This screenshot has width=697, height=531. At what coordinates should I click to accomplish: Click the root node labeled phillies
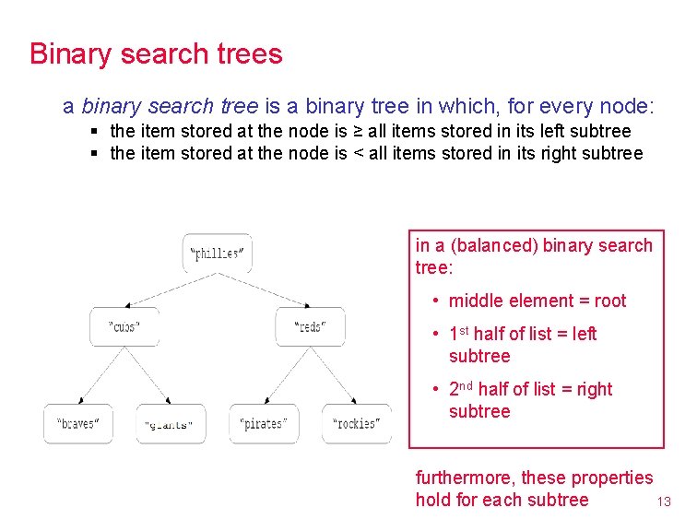[217, 254]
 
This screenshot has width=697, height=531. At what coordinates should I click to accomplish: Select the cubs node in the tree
[124, 326]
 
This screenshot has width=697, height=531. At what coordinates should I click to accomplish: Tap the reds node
[310, 326]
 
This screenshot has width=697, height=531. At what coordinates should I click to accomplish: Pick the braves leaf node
[78, 424]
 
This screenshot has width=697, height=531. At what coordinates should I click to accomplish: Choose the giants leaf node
[171, 424]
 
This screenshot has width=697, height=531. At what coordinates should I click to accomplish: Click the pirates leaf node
[264, 424]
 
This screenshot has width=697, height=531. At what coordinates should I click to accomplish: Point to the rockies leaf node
[357, 424]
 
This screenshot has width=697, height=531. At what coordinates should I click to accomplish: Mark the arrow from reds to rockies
[335, 374]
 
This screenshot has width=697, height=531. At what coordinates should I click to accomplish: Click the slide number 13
[663, 502]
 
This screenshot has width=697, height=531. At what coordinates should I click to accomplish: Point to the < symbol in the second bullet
[357, 153]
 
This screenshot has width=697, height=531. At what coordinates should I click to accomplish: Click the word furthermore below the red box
[467, 478]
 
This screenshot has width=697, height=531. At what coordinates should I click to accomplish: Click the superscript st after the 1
[465, 330]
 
